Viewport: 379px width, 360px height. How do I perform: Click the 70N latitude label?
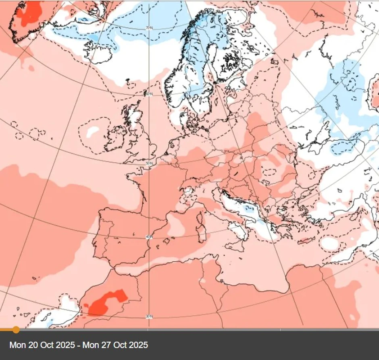(x=149, y=28)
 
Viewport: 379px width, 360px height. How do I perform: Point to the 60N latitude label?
(x=149, y=94)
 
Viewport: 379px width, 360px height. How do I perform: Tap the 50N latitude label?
(x=149, y=163)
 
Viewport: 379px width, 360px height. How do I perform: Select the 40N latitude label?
(x=149, y=237)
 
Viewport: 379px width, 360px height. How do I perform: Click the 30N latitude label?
(x=149, y=316)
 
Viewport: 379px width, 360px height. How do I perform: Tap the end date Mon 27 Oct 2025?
(x=116, y=345)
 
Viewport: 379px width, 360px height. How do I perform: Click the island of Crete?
(x=307, y=241)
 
